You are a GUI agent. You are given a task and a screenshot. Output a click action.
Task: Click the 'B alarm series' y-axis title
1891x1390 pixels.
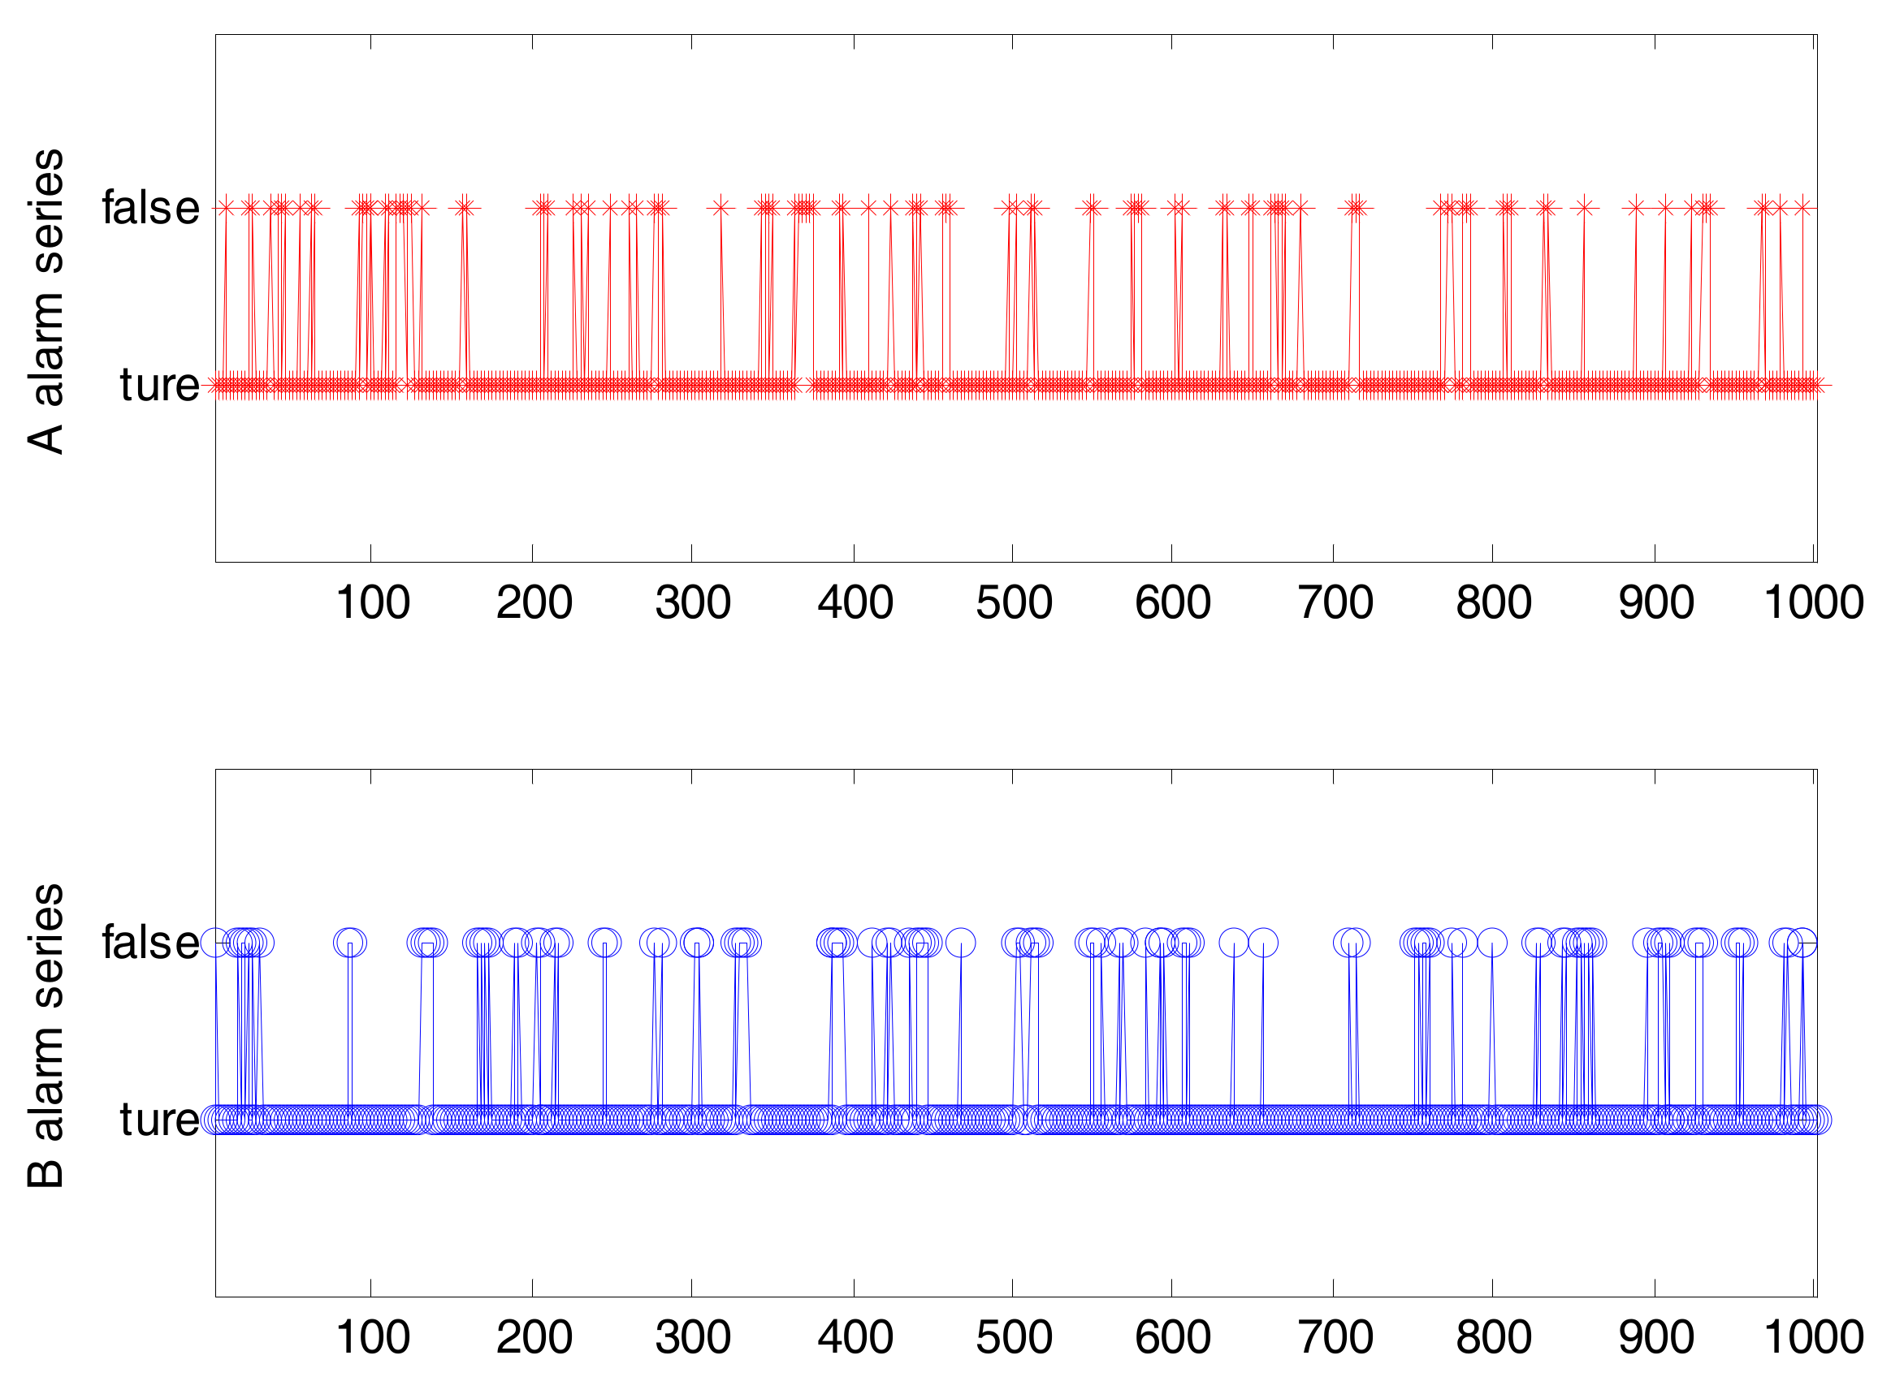tap(46, 1036)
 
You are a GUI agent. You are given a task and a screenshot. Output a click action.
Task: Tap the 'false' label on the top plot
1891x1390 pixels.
tap(150, 208)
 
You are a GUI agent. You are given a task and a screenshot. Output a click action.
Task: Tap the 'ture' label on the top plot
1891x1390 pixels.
tap(159, 386)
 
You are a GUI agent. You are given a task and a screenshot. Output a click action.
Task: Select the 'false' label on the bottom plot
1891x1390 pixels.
tap(150, 943)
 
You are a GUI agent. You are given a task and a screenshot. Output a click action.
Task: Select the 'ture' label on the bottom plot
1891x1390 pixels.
tap(159, 1120)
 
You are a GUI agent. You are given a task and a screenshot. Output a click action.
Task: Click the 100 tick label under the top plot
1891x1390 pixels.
tap(372, 602)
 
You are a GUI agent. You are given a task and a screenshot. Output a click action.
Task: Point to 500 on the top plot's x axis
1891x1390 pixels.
tap(1013, 602)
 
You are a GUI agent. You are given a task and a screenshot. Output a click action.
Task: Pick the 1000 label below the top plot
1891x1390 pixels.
tap(1813, 602)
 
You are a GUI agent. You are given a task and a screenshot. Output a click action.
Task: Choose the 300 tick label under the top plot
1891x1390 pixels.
tap(693, 602)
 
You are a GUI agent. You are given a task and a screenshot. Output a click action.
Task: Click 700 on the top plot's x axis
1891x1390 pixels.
tap(1335, 602)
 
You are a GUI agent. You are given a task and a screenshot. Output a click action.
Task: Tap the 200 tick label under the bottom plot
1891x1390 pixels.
tap(534, 1338)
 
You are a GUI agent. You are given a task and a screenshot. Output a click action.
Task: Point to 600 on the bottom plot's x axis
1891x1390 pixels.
tap(1172, 1338)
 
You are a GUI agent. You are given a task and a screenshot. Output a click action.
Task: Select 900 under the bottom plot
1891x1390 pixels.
tap(1655, 1338)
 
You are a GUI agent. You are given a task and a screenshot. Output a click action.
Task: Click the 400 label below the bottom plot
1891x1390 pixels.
tap(855, 1338)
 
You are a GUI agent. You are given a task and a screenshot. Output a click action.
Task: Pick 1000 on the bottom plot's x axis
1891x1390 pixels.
tap(1813, 1338)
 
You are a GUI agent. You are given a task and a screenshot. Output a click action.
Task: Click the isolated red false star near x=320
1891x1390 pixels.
tap(720, 207)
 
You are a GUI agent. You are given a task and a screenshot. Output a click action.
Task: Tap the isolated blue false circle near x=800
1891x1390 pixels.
tap(1492, 943)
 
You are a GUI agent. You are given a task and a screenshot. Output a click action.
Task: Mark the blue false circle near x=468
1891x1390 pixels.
tap(960, 943)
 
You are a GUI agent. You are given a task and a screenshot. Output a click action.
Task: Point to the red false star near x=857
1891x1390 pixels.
tap(1585, 207)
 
